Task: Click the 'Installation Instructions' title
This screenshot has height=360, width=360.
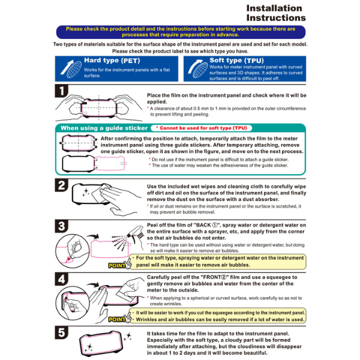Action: [x=276, y=13]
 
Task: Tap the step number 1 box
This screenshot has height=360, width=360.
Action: [x=62, y=91]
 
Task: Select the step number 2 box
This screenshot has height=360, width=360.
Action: [x=62, y=185]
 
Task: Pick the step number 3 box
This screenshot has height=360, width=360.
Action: [x=62, y=226]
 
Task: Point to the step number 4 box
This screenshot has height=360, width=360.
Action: [x=62, y=279]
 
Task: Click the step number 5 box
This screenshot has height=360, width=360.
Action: [x=62, y=332]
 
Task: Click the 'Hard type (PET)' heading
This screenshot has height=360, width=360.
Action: [x=112, y=61]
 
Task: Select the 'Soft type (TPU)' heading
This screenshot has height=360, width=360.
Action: [x=236, y=61]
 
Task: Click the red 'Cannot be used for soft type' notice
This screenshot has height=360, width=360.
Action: [x=202, y=128]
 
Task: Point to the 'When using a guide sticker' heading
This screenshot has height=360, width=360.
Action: [x=104, y=128]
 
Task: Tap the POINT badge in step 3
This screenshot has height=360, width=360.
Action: [x=116, y=266]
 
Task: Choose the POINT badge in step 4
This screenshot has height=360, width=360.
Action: [x=116, y=319]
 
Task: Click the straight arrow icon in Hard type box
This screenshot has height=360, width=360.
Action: [x=67, y=67]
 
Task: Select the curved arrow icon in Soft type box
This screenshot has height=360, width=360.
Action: [x=194, y=67]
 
